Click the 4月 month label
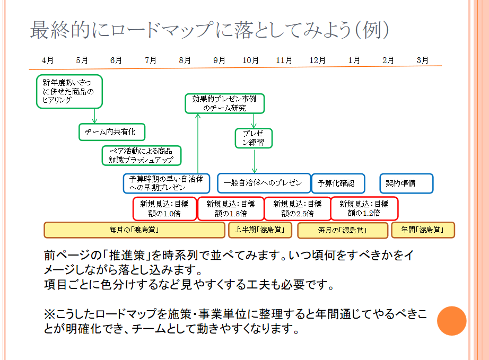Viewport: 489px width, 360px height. [48, 60]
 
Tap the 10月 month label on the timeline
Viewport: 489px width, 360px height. [251, 60]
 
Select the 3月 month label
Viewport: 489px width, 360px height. [422, 60]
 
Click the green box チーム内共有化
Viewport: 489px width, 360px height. [111, 132]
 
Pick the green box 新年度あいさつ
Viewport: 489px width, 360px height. [69, 91]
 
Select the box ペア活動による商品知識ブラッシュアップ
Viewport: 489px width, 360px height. [141, 155]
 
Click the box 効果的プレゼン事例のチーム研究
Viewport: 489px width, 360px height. [224, 103]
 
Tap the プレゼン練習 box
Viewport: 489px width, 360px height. [254, 138]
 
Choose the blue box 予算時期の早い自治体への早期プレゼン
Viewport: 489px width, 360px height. [167, 183]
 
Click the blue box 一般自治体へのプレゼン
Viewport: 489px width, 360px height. [263, 183]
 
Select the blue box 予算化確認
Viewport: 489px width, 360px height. [338, 183]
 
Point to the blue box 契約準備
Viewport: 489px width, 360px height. [406, 183]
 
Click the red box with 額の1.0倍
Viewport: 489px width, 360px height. [164, 208]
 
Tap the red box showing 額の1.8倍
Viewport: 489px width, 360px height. [230, 208]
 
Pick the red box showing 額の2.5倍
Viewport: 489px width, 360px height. [297, 208]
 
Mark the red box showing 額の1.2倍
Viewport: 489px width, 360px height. [364, 208]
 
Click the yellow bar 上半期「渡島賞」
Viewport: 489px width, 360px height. [260, 230]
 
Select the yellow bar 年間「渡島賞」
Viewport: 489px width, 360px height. [423, 230]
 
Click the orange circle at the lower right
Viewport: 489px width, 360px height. [451, 321]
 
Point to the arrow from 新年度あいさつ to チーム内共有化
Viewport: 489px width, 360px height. [95, 116]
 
